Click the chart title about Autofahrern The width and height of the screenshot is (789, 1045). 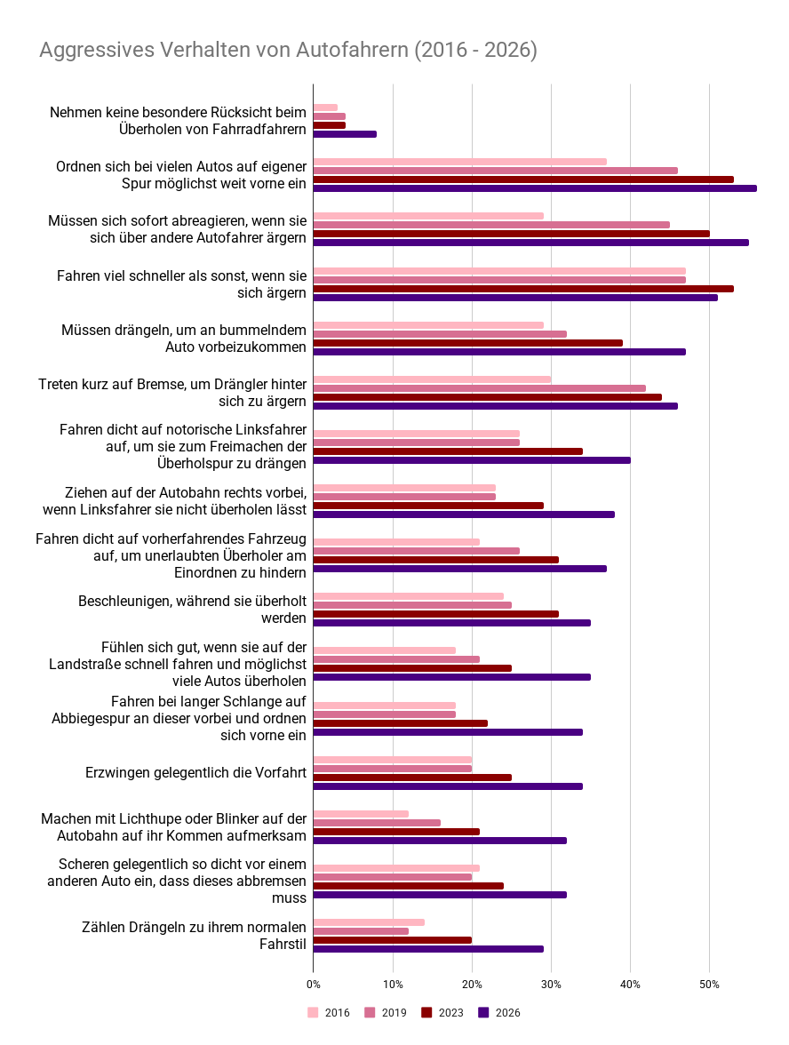[x=288, y=50]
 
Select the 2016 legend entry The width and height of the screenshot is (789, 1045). [x=329, y=1012]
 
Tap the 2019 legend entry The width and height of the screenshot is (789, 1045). [x=386, y=1012]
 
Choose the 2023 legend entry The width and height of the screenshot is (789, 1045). [x=442, y=1012]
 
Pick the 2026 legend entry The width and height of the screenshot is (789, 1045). [x=499, y=1012]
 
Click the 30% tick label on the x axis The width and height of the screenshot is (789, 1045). [x=551, y=985]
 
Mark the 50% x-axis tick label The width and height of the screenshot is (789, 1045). [x=709, y=985]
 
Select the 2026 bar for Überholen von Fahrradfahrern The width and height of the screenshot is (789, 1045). [x=345, y=134]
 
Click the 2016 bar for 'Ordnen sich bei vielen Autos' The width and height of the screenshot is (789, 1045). [x=460, y=162]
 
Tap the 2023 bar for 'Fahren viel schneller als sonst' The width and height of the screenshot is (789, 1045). [x=524, y=289]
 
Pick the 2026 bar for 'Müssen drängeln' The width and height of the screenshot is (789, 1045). [x=499, y=352]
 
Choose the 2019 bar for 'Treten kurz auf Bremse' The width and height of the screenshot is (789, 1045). [x=480, y=388]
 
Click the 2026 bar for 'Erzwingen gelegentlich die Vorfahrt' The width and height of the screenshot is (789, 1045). [x=449, y=786]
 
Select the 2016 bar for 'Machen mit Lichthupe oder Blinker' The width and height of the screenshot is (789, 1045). [x=361, y=814]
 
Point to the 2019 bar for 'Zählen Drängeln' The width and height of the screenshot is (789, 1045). [x=361, y=931]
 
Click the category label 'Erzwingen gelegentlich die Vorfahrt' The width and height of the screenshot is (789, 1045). [x=195, y=772]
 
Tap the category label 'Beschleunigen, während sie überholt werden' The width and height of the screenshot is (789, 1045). [x=193, y=610]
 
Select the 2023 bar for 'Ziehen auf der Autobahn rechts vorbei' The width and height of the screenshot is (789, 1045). [x=428, y=505]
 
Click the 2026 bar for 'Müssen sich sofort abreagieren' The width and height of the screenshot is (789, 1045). [x=531, y=243]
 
